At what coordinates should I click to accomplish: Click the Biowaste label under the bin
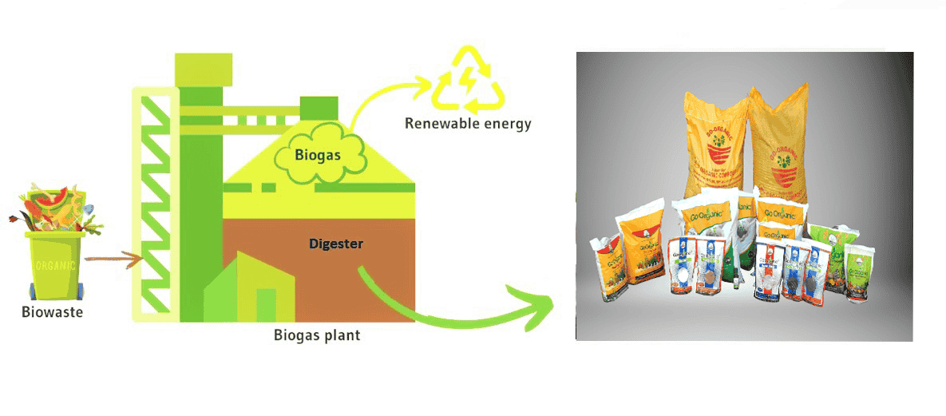coord(52,312)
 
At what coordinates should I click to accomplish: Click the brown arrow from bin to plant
coord(112,259)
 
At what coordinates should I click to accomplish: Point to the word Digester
coord(336,244)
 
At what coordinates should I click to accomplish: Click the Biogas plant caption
coord(317,335)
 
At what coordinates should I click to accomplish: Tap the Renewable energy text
coord(467,124)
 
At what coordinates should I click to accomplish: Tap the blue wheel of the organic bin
coord(33,288)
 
